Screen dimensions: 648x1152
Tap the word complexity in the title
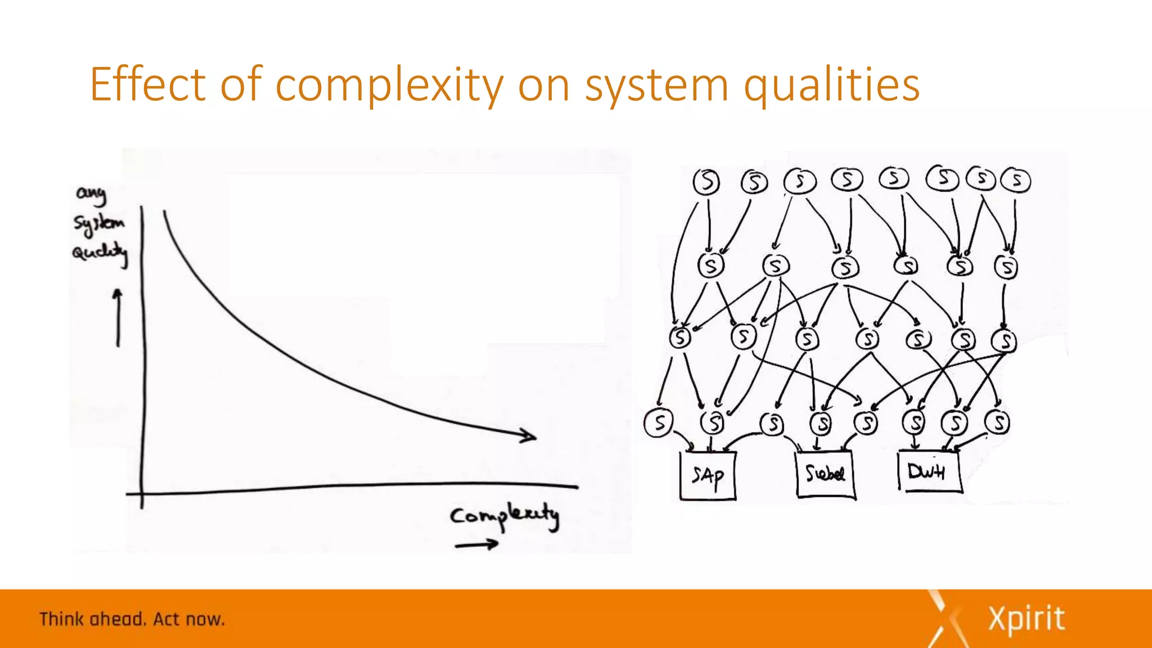point(389,85)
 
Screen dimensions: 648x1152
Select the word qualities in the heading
point(832,85)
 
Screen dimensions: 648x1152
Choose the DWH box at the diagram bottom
point(928,471)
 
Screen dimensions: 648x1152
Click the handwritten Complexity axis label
point(505,516)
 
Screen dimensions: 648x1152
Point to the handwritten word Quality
point(100,253)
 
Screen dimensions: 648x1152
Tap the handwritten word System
point(99,223)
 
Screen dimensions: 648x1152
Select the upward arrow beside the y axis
point(118,318)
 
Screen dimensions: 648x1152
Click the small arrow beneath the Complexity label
point(476,544)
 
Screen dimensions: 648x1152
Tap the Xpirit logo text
point(1026,619)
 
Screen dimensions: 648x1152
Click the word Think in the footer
point(61,619)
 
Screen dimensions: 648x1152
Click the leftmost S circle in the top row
point(706,182)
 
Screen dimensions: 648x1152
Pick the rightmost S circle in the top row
point(1017,181)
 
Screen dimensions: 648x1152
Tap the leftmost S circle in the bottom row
point(658,422)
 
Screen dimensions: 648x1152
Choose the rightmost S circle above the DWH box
point(998,422)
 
